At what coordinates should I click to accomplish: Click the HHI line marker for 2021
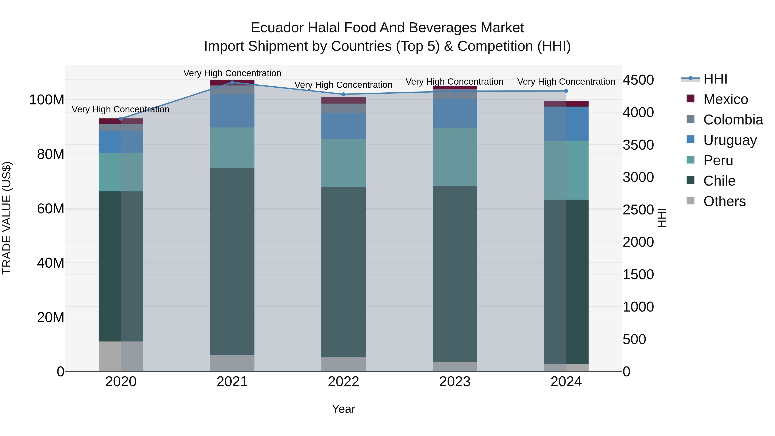click(x=232, y=82)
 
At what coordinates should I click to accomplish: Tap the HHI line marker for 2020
click(x=121, y=119)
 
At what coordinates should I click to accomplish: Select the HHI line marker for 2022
click(x=344, y=94)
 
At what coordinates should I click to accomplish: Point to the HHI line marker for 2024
click(x=566, y=91)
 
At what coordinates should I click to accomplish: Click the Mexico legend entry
click(x=725, y=99)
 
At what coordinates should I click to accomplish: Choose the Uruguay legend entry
click(x=729, y=140)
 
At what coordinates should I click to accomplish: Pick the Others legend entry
click(x=724, y=201)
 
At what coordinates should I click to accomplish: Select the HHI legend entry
click(x=715, y=79)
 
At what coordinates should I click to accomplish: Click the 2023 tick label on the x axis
click(x=455, y=382)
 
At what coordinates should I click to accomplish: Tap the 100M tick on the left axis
click(x=47, y=100)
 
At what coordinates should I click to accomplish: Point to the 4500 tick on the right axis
click(x=638, y=80)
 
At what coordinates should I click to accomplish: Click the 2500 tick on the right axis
click(x=638, y=210)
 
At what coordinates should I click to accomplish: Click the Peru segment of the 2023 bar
click(x=455, y=157)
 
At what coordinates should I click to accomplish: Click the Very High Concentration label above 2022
click(x=343, y=85)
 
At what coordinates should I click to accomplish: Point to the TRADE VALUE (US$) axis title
click(x=7, y=218)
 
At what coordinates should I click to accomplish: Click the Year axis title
click(x=343, y=409)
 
